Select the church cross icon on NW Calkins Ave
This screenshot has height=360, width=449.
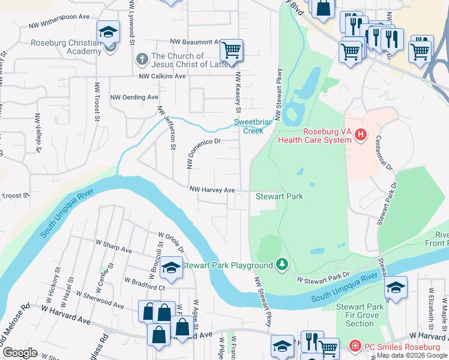[142, 59]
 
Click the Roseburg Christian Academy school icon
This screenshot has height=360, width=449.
[109, 32]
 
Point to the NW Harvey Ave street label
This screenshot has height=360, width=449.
[212, 190]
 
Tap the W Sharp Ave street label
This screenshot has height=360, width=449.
[116, 249]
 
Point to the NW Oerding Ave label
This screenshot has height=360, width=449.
[134, 97]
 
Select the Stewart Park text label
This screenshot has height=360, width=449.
[279, 196]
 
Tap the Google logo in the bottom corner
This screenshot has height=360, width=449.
[20, 353]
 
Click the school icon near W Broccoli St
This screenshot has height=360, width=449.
[171, 268]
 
